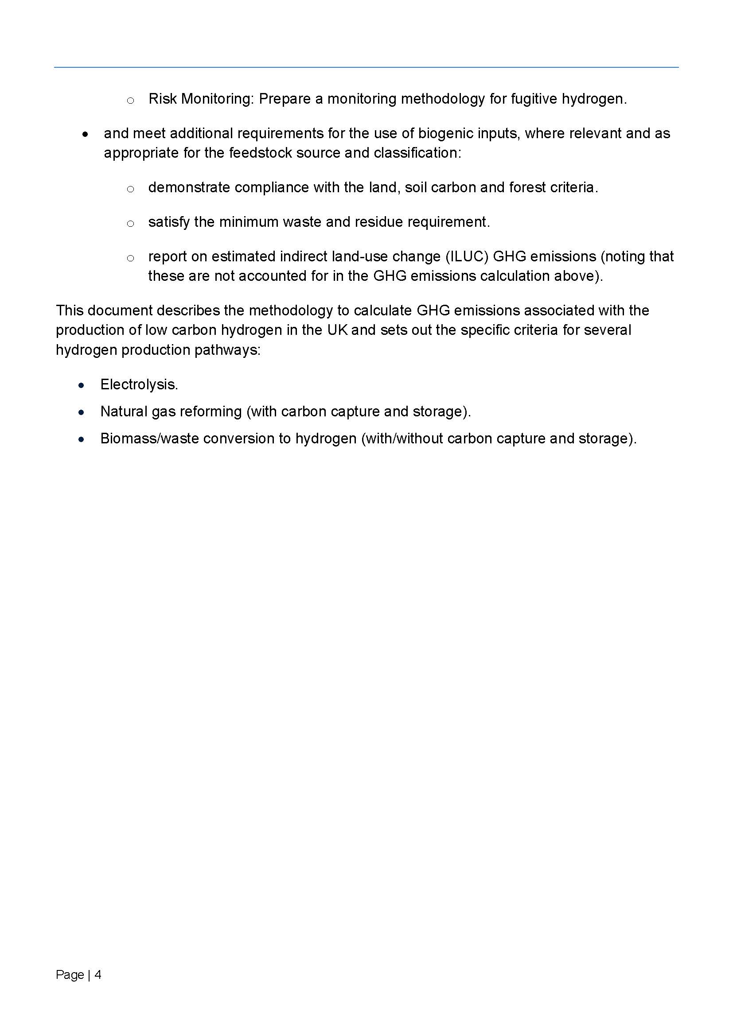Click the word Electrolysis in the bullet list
(139, 384)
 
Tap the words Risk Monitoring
(200, 99)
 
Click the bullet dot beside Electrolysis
(81, 385)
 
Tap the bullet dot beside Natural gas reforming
(81, 412)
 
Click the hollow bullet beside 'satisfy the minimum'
(130, 223)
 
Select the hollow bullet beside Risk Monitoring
(130, 101)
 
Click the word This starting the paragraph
(69, 310)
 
